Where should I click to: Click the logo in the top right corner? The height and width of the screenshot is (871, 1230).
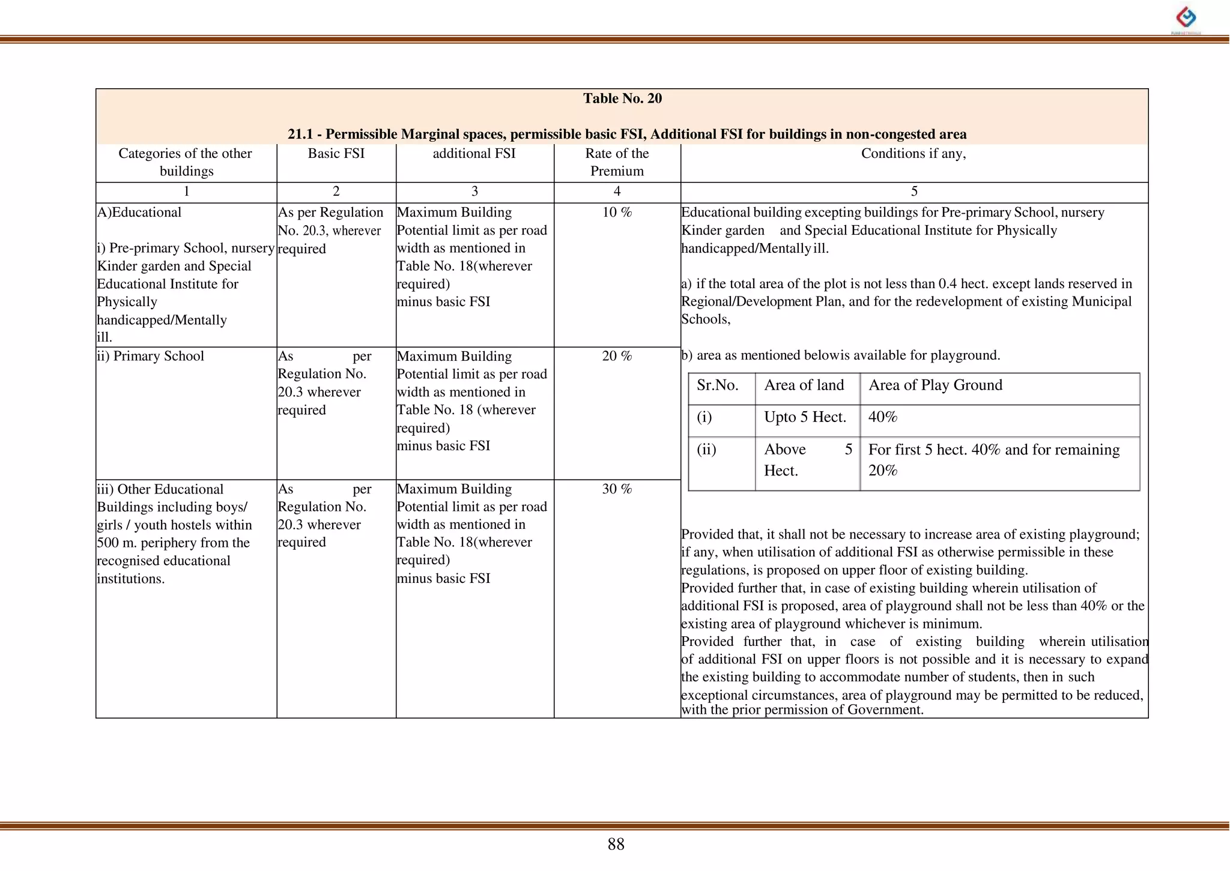(x=1186, y=19)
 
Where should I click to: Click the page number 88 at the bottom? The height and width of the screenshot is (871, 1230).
(x=616, y=844)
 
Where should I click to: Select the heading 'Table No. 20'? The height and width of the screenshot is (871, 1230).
(x=622, y=98)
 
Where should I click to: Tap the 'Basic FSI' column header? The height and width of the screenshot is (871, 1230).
(x=336, y=154)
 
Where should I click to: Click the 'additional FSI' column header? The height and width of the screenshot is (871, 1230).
(x=474, y=154)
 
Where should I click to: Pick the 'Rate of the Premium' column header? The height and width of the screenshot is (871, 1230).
(x=617, y=162)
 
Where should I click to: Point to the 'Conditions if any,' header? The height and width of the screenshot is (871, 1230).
(x=913, y=154)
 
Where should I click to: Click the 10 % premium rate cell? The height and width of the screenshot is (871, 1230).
(x=617, y=212)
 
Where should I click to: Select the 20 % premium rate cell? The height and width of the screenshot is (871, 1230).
(x=617, y=356)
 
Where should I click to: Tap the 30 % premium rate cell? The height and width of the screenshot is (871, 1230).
(x=617, y=489)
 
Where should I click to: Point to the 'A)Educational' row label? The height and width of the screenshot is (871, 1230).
(x=139, y=212)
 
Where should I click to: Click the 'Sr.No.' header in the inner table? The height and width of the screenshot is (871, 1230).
(x=717, y=385)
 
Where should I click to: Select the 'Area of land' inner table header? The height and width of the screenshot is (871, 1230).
(x=804, y=385)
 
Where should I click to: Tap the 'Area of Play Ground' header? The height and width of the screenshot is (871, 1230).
(x=935, y=385)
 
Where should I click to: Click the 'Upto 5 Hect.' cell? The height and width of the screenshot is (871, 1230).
(x=805, y=417)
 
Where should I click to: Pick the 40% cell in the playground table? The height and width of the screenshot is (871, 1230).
(x=883, y=417)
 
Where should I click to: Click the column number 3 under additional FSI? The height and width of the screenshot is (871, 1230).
(x=474, y=191)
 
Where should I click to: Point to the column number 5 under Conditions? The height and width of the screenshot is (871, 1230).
(x=914, y=191)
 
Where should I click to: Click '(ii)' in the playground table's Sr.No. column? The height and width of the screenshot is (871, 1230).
(x=706, y=450)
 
